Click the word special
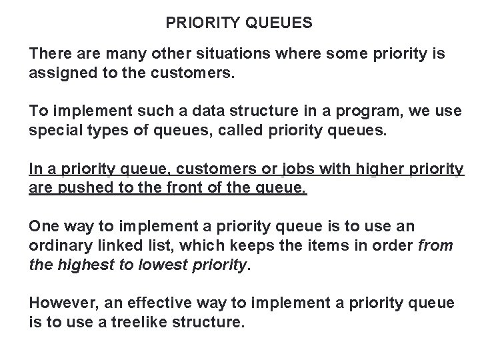point(52,129)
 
